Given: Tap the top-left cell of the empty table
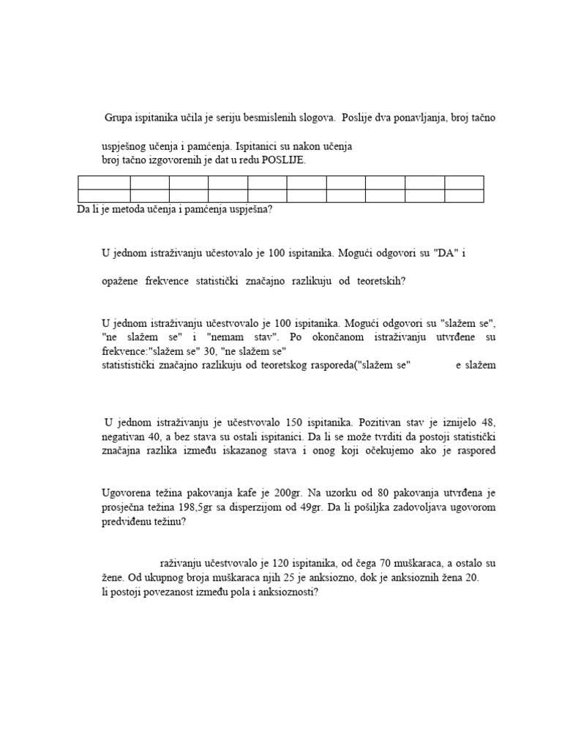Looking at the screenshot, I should click(x=103, y=182).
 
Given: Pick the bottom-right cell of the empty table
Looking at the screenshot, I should click(x=464, y=195).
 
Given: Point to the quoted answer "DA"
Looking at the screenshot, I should click(x=446, y=254).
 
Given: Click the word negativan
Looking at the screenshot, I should click(x=125, y=436).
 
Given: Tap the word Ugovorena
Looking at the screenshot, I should click(x=127, y=492).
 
